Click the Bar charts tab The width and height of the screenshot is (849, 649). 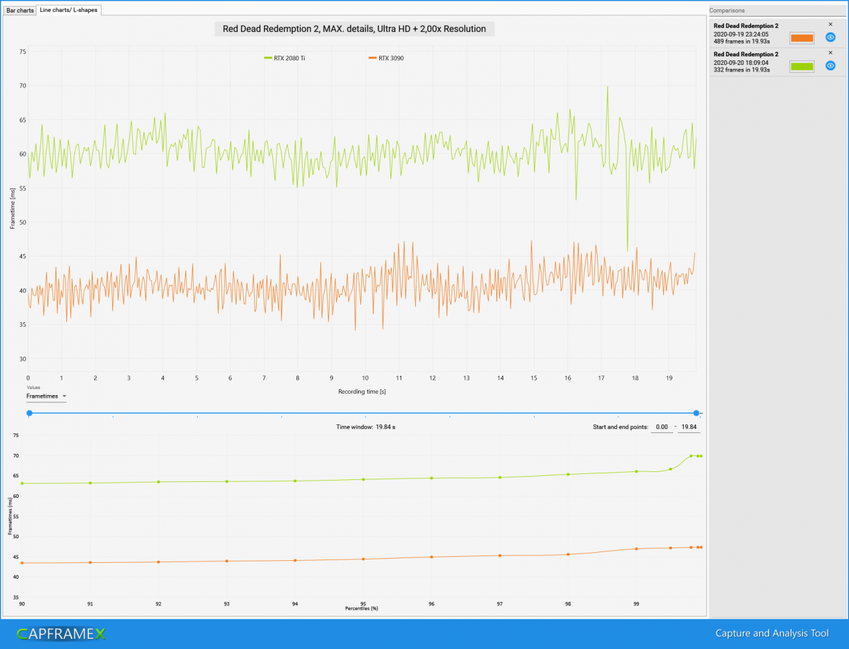pos(20,10)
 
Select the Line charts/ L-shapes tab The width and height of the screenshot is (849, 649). pos(68,10)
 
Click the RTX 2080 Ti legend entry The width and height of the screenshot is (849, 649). pos(285,58)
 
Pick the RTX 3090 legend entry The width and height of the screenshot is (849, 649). pos(387,58)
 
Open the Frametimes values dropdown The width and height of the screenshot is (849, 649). pos(46,396)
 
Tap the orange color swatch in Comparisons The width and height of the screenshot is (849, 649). pos(802,38)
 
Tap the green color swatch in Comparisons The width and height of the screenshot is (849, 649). pos(802,66)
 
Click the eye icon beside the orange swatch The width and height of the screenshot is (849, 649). pos(830,37)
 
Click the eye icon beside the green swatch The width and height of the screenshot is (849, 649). pos(830,66)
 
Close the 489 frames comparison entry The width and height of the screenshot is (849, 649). pos(830,25)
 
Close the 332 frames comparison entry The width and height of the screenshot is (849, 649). pos(830,52)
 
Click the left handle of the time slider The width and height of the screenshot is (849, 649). pos(29,413)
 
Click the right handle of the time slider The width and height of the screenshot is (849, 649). pos(696,413)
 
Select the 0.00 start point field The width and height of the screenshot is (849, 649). pos(662,427)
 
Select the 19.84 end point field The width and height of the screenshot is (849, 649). pos(689,427)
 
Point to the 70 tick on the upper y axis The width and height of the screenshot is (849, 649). pos(23,86)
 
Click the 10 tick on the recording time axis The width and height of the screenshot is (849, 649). pos(365,378)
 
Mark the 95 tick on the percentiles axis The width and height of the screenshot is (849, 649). pos(363,604)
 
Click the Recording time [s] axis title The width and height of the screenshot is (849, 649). pos(362,392)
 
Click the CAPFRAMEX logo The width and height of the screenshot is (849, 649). pos(61,634)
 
